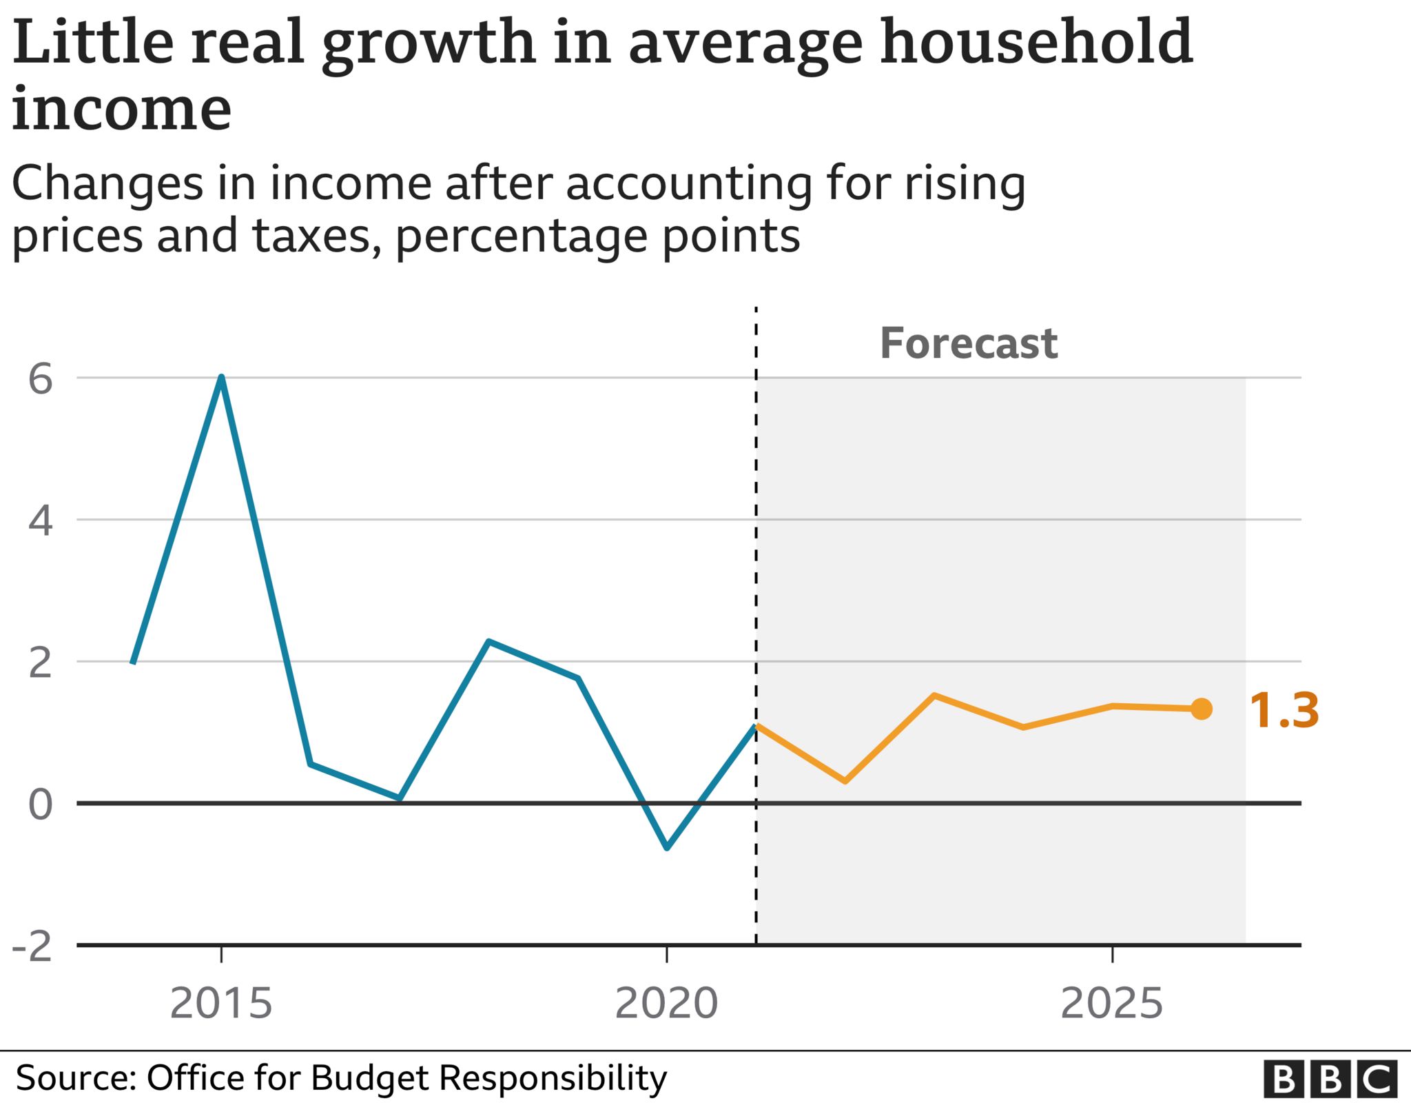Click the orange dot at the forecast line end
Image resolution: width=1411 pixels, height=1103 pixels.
point(1201,709)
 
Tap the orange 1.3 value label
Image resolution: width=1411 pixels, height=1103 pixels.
point(1284,711)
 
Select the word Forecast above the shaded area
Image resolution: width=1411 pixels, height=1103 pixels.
point(968,343)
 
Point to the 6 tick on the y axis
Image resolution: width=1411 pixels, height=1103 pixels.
point(41,379)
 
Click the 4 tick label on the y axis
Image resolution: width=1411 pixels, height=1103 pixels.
point(41,521)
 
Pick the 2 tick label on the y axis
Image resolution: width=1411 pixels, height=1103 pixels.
point(41,663)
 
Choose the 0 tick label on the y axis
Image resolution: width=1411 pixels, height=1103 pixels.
point(41,805)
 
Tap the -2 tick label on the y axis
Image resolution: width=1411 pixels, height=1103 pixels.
point(33,947)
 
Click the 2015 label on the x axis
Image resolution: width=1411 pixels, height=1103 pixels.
point(221,1004)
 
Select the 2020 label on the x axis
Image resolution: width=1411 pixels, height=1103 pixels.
point(666,1004)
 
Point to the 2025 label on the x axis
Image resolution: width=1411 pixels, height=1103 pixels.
point(1111,1004)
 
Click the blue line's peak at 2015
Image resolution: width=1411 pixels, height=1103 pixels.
point(221,378)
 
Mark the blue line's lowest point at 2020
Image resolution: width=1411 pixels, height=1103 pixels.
point(666,847)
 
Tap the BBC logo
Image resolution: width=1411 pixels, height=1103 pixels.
point(1330,1079)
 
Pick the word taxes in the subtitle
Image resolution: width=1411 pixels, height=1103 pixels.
point(313,236)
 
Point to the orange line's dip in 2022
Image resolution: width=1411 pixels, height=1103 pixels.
point(845,780)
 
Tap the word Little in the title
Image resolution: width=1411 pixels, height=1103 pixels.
point(93,43)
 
